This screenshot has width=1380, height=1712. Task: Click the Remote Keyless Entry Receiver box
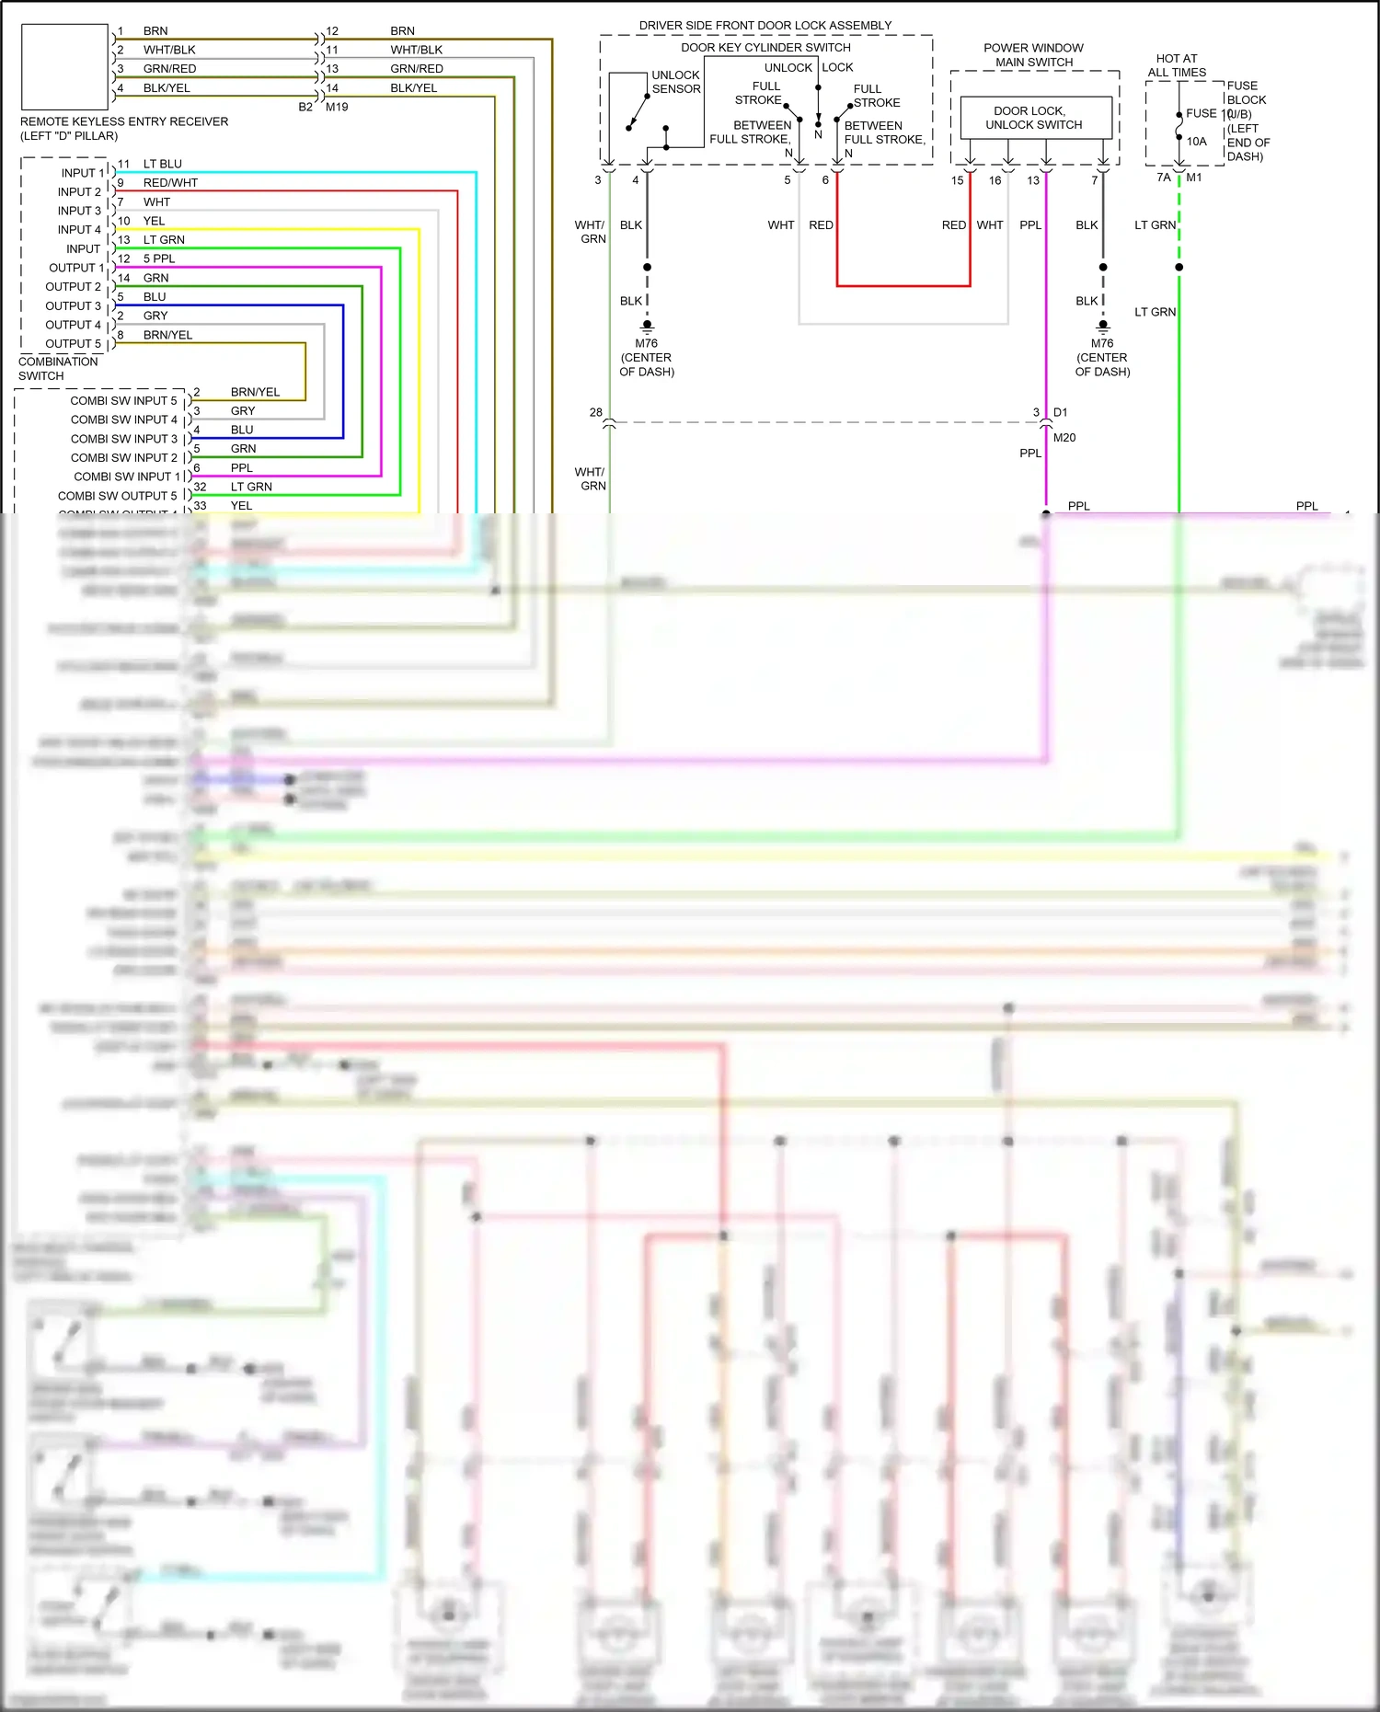tap(64, 67)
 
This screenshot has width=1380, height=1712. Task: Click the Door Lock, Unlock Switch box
tap(1035, 118)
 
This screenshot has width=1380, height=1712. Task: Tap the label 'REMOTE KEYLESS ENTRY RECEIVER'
tap(124, 121)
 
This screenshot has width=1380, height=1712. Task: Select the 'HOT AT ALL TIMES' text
tap(1177, 65)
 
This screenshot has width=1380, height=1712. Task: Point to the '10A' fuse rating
tap(1196, 142)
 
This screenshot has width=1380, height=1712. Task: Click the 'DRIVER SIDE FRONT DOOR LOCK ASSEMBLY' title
tap(765, 26)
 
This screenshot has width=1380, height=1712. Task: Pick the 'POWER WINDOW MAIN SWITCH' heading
tap(1033, 55)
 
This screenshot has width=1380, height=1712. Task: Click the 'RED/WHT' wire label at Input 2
tap(170, 183)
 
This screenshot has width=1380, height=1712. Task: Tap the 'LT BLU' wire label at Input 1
tap(163, 164)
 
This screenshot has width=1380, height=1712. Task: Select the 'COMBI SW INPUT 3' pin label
tap(124, 439)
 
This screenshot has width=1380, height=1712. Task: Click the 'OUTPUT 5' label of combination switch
tap(74, 344)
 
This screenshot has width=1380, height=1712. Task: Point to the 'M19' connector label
tap(337, 108)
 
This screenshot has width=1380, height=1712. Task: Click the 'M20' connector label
tap(1064, 438)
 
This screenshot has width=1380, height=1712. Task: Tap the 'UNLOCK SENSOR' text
tap(676, 82)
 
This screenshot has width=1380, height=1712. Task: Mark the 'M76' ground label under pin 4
tap(647, 344)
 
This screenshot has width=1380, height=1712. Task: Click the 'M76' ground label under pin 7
tap(1102, 344)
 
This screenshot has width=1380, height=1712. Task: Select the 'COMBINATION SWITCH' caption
tap(58, 369)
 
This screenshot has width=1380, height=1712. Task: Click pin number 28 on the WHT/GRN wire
tap(596, 412)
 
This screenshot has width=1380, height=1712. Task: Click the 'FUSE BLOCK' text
tap(1246, 93)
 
